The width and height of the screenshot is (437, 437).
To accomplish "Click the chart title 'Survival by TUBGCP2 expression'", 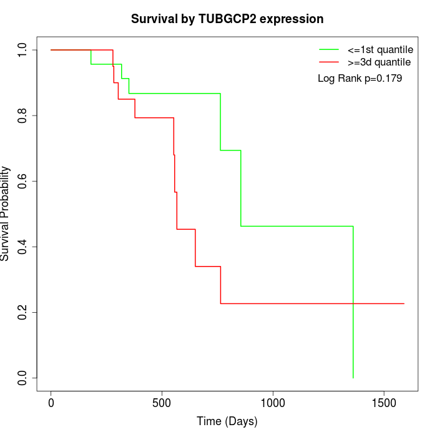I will click(227, 19).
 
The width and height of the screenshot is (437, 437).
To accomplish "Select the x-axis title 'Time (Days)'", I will click(227, 421).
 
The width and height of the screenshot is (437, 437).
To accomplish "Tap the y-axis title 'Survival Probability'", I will click(6, 214).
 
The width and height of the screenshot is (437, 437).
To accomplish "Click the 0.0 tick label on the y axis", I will click(23, 378).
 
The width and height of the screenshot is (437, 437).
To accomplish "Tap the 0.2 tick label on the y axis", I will click(23, 312).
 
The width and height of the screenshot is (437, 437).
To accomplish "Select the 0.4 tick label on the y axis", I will click(23, 247).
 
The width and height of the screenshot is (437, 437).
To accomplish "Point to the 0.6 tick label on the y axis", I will click(23, 181).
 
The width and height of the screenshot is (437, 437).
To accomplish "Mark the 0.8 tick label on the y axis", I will click(23, 115).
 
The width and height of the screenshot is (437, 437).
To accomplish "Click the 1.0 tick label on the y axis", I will click(23, 50).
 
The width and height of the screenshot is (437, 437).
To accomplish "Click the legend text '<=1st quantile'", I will click(380, 49).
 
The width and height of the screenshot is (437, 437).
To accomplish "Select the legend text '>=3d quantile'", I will click(379, 62).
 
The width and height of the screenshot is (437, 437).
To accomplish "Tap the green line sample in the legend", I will click(329, 49).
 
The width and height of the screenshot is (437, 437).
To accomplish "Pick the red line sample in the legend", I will click(329, 62).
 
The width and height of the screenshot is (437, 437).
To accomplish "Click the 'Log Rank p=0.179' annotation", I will click(360, 79).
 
